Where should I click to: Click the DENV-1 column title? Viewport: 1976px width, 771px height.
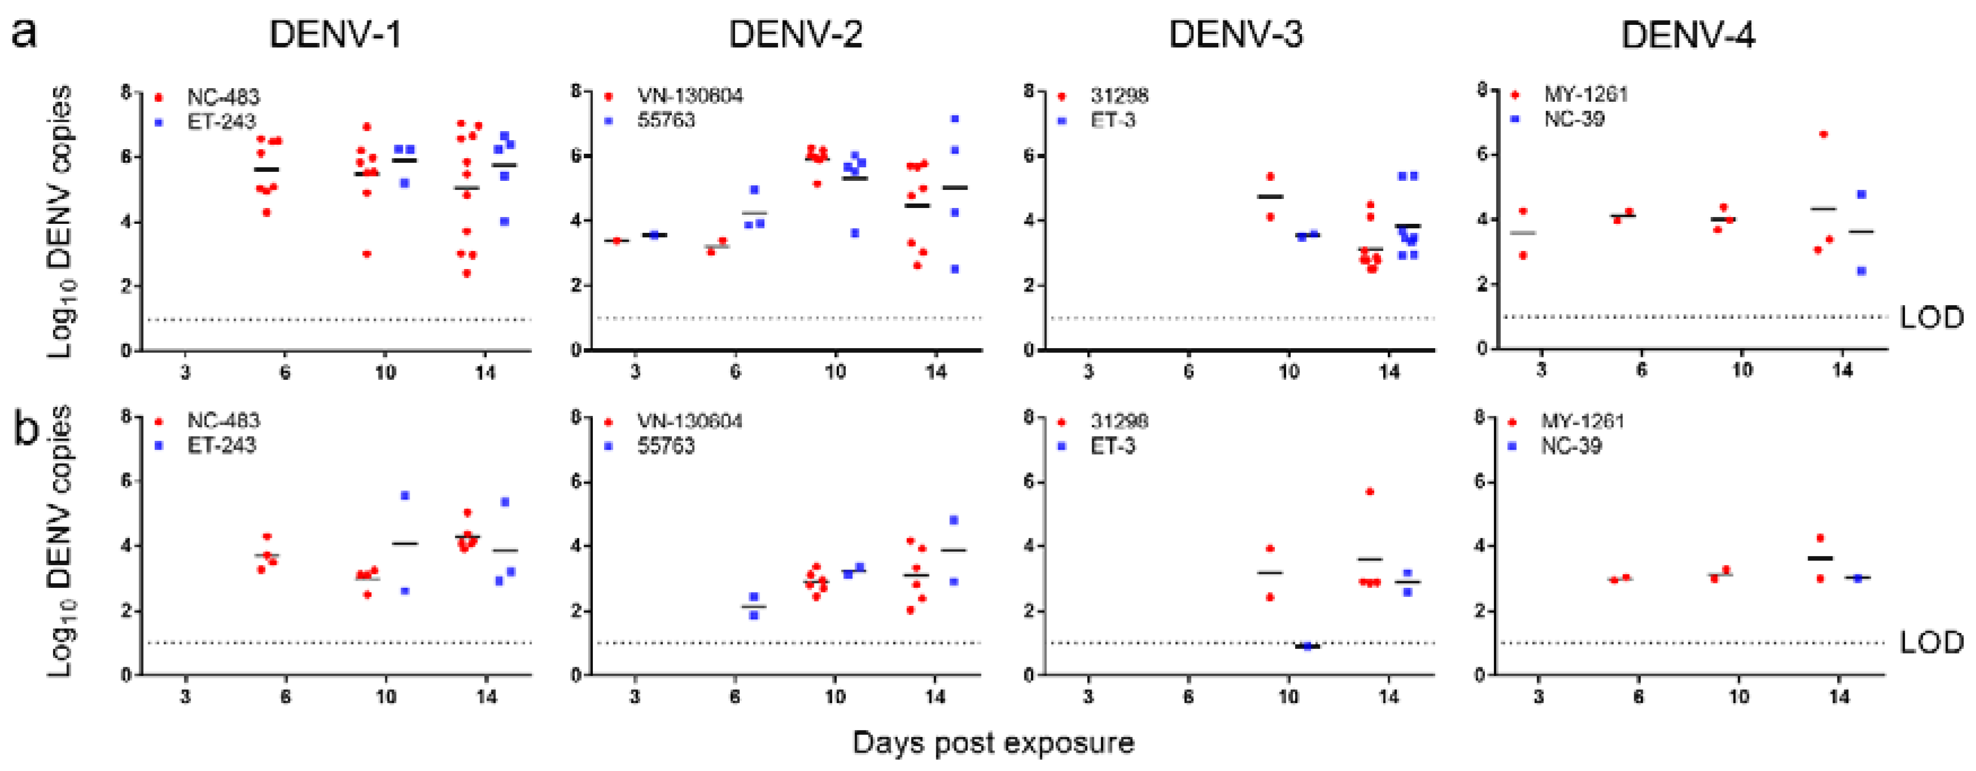(x=335, y=34)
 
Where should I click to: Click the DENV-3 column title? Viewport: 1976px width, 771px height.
(x=1235, y=34)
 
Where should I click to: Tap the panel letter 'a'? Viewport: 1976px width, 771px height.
(x=24, y=34)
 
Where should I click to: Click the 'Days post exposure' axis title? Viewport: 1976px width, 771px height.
(x=993, y=743)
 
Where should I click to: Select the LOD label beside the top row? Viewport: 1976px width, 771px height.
(x=1931, y=317)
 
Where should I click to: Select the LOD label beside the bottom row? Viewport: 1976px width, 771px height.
(x=1931, y=642)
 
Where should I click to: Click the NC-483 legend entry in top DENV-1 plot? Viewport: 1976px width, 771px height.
(x=223, y=97)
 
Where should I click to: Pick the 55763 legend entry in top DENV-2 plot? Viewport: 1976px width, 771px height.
(x=666, y=120)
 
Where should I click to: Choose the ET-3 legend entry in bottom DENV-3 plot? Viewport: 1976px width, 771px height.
(x=1112, y=446)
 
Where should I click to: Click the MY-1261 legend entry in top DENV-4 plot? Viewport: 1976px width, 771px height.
(x=1586, y=94)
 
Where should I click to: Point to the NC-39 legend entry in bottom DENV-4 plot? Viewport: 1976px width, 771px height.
(x=1571, y=446)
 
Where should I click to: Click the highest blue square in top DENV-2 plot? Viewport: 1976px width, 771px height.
(x=955, y=119)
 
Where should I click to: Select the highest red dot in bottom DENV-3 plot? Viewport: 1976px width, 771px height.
(x=1370, y=491)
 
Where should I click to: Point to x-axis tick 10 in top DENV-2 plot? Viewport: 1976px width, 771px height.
(x=835, y=372)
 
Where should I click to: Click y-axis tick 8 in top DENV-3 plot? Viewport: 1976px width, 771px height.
(x=1030, y=92)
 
